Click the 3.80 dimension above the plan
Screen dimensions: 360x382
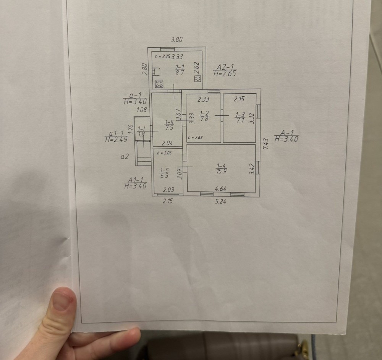176,39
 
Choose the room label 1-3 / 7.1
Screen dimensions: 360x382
240,117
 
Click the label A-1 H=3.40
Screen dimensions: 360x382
286,136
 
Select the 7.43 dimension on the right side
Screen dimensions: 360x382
267,144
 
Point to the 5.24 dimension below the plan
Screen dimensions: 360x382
220,201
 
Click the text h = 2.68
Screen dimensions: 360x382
194,138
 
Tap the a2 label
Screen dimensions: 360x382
125,156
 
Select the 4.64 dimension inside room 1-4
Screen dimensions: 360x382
221,189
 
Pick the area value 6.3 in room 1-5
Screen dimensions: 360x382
164,176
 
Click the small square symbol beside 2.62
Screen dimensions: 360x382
197,79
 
